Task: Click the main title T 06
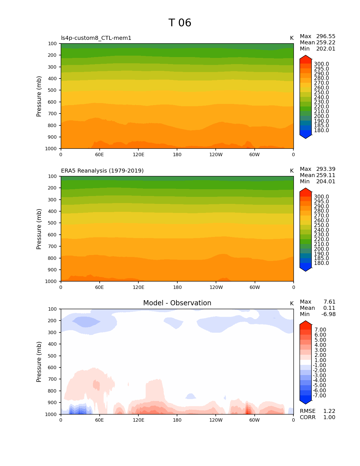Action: click(180, 23)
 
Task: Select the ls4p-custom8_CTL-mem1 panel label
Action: click(96, 38)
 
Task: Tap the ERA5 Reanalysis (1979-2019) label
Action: click(102, 171)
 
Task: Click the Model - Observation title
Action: click(177, 303)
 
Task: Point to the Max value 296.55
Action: click(326, 36)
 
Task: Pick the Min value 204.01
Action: click(326, 182)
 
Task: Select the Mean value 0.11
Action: click(329, 308)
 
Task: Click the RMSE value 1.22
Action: click(329, 411)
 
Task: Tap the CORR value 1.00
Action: click(329, 417)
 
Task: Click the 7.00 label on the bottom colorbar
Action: click(320, 330)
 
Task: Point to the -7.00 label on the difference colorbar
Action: click(319, 396)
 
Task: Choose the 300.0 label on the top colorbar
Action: click(321, 64)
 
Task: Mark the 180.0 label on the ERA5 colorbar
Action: click(321, 263)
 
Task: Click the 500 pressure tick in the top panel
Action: click(52, 90)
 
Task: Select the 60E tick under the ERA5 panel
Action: click(99, 288)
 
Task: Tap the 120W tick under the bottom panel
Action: click(216, 420)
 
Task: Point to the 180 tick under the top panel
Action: click(177, 155)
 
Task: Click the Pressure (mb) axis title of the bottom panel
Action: click(39, 362)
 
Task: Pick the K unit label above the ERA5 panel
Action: click(292, 171)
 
